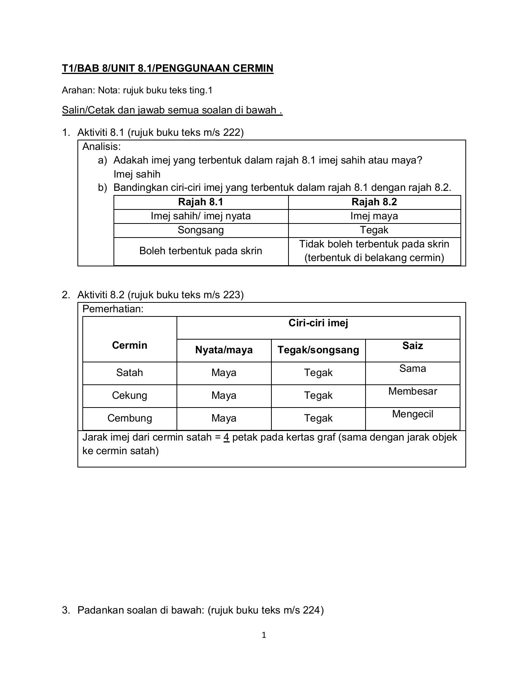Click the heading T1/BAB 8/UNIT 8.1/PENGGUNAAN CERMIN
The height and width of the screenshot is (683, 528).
click(167, 68)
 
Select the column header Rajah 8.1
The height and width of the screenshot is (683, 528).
click(200, 202)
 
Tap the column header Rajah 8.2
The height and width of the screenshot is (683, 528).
click(374, 202)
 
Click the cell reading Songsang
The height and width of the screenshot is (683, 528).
click(200, 230)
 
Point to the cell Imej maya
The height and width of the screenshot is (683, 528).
click(374, 216)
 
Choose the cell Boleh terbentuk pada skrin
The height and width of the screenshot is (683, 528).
click(200, 251)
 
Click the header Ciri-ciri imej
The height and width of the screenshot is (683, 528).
click(318, 323)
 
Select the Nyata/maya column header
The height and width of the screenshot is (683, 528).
click(224, 349)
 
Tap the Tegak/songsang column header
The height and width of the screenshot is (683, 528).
click(318, 349)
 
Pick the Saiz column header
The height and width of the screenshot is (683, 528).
click(412, 346)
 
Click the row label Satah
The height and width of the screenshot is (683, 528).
click(129, 372)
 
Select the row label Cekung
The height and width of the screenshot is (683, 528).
click(129, 395)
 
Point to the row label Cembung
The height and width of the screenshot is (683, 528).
click(129, 418)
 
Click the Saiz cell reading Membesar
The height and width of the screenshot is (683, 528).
click(412, 391)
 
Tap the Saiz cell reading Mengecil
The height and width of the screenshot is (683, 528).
click(412, 414)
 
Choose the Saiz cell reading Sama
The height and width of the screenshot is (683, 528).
click(412, 368)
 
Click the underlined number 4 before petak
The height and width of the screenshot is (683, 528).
click(226, 437)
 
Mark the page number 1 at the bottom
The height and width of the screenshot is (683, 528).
click(264, 635)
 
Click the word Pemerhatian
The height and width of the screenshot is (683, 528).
click(113, 309)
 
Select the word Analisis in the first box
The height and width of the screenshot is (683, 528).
click(101, 146)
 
